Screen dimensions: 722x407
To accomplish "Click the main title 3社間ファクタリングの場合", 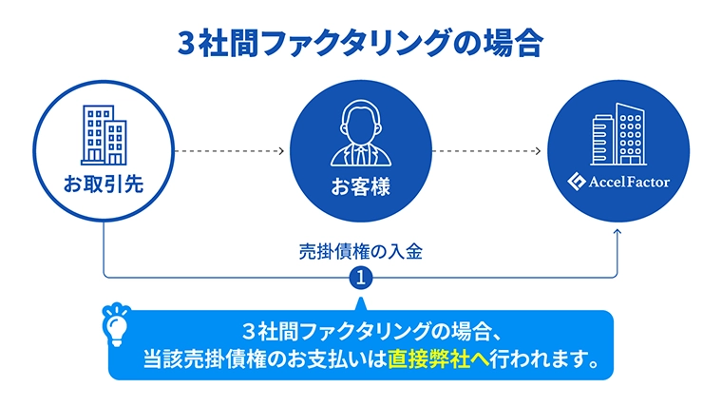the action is [x=361, y=44].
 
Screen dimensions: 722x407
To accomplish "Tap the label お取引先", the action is [x=104, y=184].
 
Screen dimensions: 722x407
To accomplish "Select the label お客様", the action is [x=361, y=186].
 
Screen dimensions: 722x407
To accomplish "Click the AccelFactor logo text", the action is [x=629, y=182].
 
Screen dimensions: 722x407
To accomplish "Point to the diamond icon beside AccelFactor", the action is [x=576, y=181].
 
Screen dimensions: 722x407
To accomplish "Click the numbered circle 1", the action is [x=361, y=278].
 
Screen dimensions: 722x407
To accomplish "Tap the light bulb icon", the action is [x=116, y=324].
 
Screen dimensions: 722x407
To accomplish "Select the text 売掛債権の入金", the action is [x=361, y=252].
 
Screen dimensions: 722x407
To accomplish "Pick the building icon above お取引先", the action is [x=104, y=135].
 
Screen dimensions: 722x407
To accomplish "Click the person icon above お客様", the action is [x=361, y=133].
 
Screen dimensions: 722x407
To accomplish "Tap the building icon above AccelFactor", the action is [x=618, y=134].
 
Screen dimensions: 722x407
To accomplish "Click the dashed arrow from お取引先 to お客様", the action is [x=229, y=151].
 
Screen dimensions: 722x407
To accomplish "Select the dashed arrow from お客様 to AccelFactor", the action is [x=486, y=151].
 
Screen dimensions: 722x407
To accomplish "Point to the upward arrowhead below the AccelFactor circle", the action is [x=617, y=232].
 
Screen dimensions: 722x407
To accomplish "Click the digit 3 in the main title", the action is [x=187, y=44].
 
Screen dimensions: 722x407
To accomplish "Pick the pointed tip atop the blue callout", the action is [x=361, y=299].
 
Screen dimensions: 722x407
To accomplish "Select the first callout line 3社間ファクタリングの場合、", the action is [x=372, y=331].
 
